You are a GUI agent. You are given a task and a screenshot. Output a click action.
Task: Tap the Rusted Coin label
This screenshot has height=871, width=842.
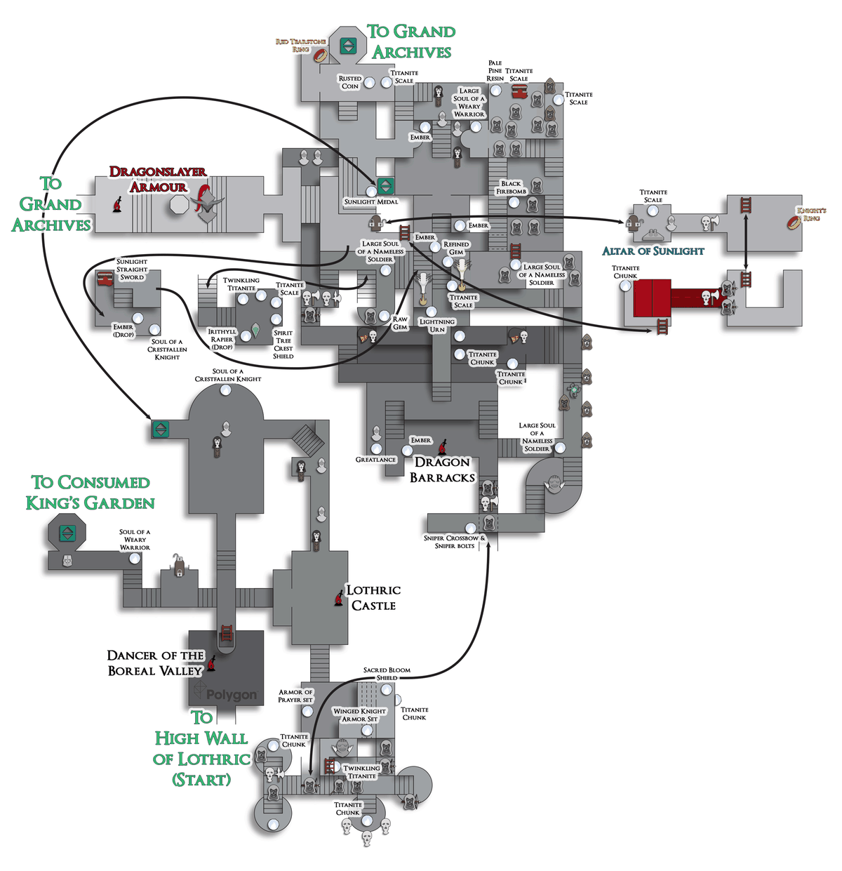coord(349,83)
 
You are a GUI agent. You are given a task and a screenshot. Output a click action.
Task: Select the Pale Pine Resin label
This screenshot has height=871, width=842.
coord(495,71)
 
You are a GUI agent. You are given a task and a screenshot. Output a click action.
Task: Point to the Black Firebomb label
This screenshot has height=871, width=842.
coord(511,187)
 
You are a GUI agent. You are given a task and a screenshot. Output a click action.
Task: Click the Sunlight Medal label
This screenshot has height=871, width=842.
coord(370,202)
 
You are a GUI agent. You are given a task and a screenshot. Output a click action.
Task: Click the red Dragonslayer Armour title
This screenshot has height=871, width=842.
coord(158,179)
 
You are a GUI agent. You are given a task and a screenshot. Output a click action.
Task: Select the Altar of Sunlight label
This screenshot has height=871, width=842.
coord(653,251)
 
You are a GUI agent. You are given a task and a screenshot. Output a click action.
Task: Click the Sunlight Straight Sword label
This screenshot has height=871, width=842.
coord(132,270)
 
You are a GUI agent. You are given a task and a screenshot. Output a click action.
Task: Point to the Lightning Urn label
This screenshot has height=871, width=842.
coord(437,326)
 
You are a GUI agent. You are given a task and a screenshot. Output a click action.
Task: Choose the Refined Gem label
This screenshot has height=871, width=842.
coord(456,248)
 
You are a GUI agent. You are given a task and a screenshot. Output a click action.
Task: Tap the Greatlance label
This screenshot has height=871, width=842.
coord(375,460)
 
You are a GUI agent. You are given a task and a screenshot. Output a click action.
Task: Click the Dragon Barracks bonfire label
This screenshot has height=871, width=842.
coord(442,470)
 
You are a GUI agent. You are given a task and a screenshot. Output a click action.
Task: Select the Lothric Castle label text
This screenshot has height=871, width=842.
coord(373,598)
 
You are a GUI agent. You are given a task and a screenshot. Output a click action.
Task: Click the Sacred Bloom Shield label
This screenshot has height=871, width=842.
coord(387,674)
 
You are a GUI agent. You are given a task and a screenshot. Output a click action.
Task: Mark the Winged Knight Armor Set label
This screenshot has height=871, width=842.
coord(360,714)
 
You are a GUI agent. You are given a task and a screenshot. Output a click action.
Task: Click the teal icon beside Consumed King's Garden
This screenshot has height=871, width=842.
coord(67,533)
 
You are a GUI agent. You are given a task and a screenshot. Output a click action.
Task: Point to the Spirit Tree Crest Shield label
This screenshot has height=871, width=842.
coord(283,345)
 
